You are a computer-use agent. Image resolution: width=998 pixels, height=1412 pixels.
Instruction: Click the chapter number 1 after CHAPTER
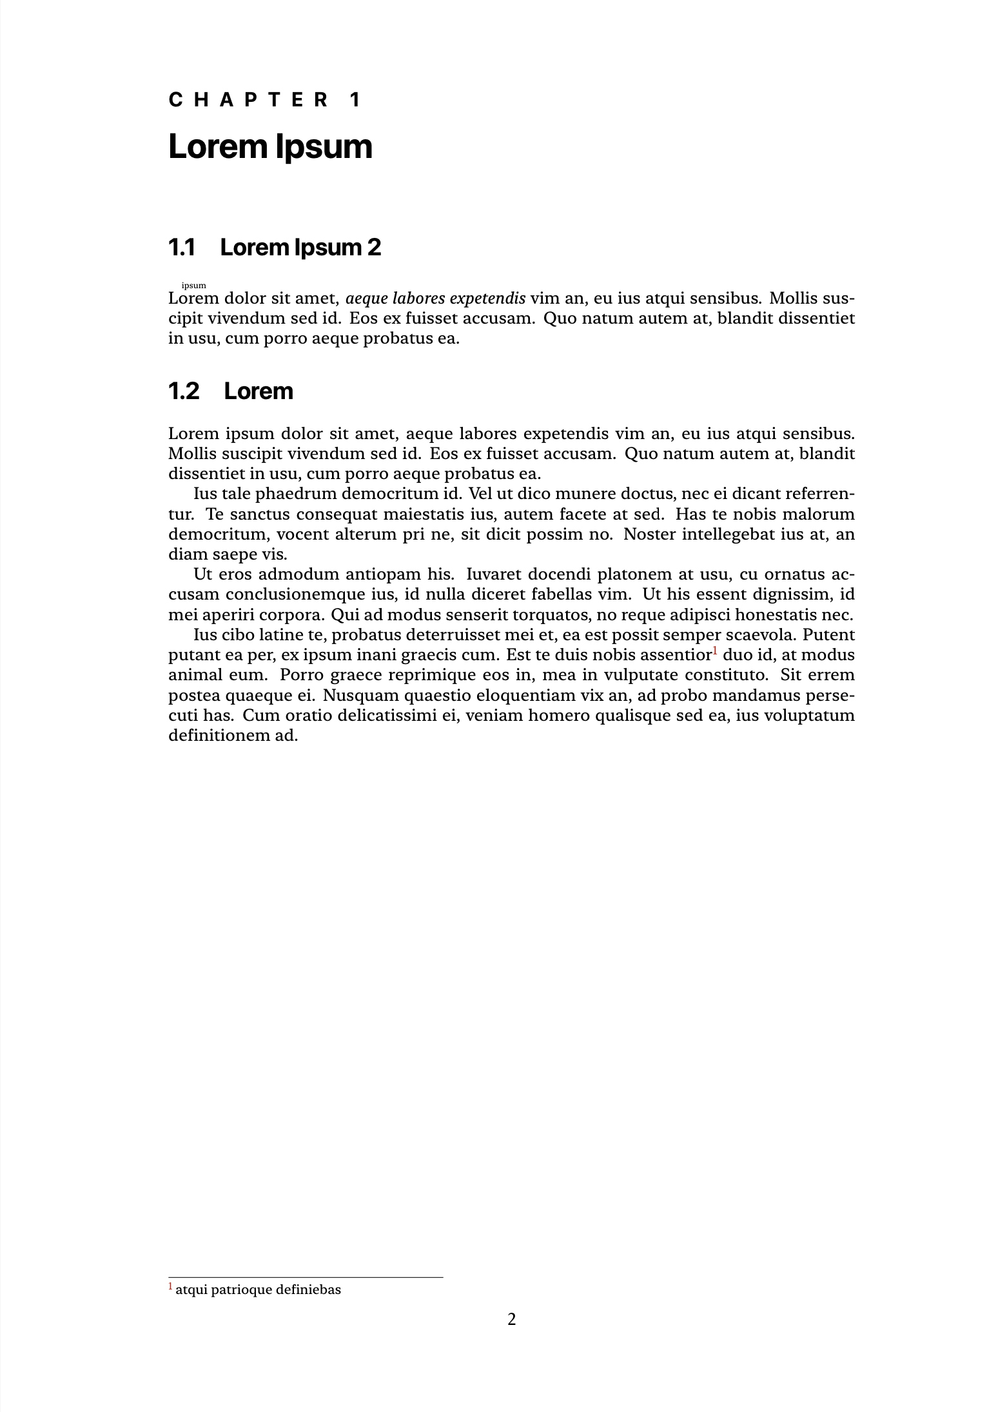tap(355, 100)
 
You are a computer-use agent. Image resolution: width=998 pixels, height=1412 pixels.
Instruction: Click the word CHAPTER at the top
tap(249, 100)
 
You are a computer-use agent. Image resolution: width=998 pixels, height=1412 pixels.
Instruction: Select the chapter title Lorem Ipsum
tap(270, 147)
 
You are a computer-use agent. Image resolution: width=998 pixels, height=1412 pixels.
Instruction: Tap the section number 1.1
tap(181, 247)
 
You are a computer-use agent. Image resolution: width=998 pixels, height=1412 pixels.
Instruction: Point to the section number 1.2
tap(184, 391)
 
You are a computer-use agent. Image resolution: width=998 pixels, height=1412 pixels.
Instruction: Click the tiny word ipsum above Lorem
tap(194, 285)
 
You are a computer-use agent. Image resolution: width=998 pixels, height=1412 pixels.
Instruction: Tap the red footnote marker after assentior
tap(715, 651)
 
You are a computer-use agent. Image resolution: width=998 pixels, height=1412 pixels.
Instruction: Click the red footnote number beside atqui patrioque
tap(171, 1287)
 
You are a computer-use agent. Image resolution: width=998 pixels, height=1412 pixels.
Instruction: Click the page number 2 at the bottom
tap(512, 1319)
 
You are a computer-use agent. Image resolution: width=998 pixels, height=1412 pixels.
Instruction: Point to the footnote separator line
tap(306, 1277)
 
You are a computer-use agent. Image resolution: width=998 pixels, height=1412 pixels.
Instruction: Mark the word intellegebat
tap(729, 534)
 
